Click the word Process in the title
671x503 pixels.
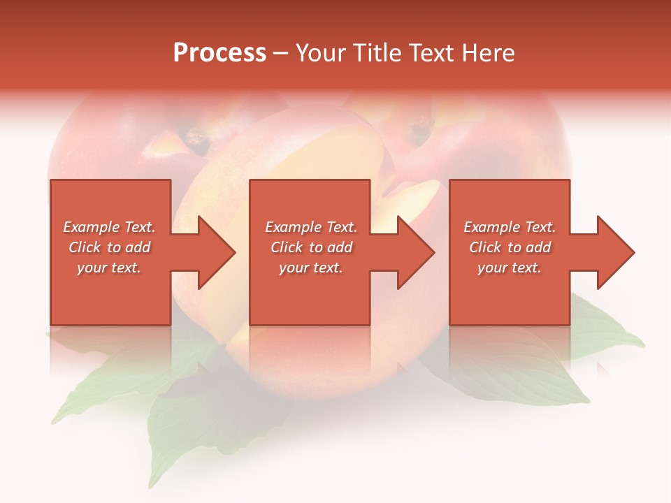219,53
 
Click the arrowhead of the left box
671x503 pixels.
214,252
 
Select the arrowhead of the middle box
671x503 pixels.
413,252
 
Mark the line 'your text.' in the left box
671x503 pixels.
109,268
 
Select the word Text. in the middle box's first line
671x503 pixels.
338,227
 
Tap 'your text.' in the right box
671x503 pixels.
510,268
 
